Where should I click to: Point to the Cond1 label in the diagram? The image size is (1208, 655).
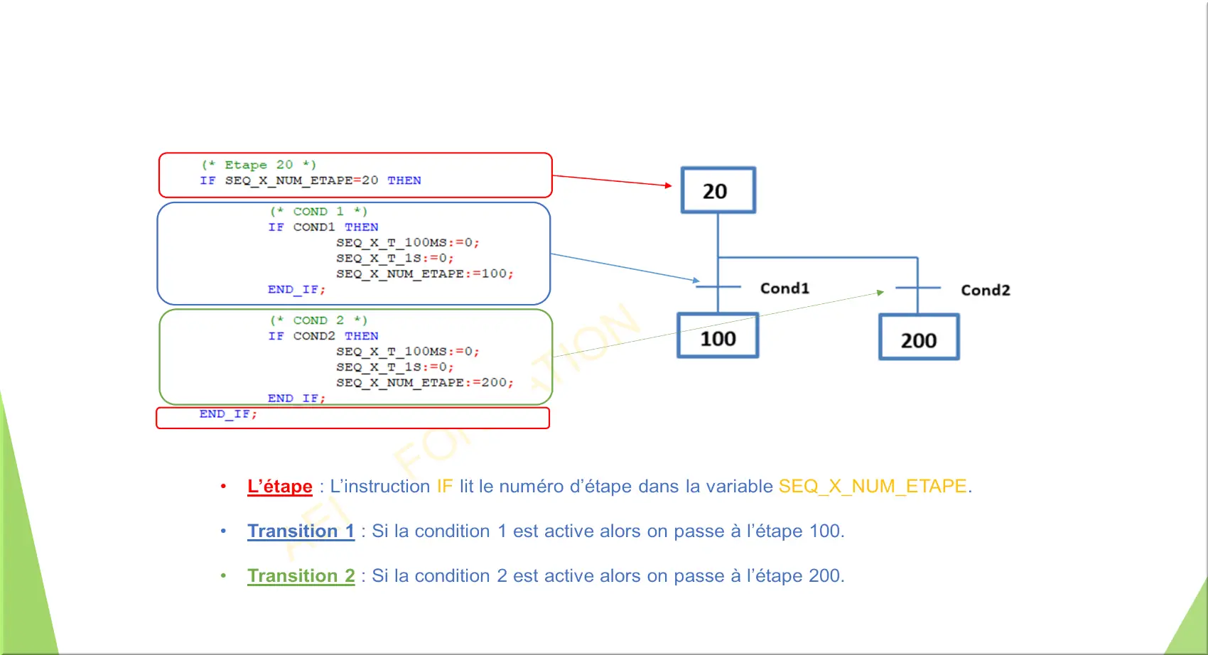click(x=784, y=288)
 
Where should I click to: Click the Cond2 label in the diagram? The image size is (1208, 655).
click(x=986, y=290)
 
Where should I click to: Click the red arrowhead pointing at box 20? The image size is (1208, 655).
click(x=669, y=185)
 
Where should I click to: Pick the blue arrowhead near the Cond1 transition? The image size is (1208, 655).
click(x=696, y=280)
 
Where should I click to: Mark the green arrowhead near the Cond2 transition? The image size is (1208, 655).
click(x=880, y=292)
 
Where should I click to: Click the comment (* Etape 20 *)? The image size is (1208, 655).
click(x=259, y=165)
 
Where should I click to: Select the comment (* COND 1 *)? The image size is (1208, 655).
click(x=318, y=211)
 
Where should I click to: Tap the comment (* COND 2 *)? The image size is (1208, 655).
click(x=318, y=320)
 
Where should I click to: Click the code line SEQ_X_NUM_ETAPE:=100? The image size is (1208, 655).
click(x=425, y=274)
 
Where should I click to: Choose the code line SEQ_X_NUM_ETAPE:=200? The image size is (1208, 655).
click(x=425, y=383)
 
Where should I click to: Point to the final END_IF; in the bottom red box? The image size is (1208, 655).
click(x=228, y=414)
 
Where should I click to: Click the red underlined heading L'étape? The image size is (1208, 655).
click(x=280, y=486)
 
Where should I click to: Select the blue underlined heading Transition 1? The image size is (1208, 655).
click(x=301, y=531)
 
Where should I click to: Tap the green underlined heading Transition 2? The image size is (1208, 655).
click(x=301, y=575)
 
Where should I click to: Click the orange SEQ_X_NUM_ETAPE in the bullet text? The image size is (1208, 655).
click(x=873, y=486)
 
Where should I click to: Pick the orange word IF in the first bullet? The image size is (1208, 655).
click(x=445, y=486)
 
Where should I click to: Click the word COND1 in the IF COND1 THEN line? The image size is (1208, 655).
click(x=314, y=227)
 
